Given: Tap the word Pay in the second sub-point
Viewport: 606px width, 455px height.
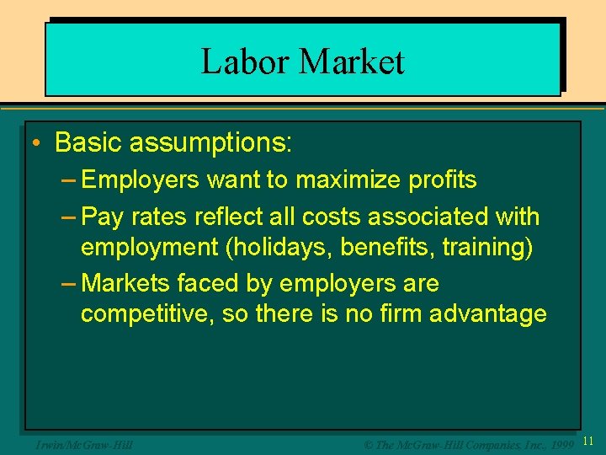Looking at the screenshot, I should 104,217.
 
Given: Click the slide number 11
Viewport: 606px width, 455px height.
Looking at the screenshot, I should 588,441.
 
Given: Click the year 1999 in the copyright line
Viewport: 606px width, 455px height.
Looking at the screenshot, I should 558,442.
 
